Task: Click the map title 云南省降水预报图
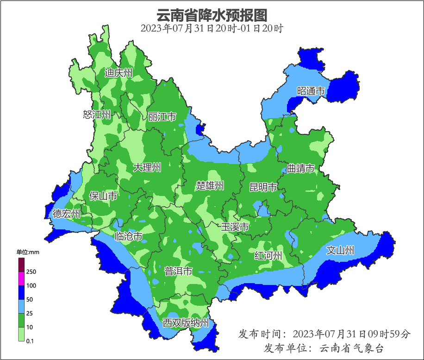(x=212, y=15)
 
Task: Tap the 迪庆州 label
(x=118, y=73)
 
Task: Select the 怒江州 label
(x=97, y=114)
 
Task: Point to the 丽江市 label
(x=162, y=117)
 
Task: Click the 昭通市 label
(x=311, y=91)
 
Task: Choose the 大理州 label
(x=147, y=168)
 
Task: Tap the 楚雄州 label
(x=210, y=186)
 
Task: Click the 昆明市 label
(x=263, y=187)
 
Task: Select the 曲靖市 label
(x=300, y=169)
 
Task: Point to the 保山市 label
(x=103, y=196)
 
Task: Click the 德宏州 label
(x=66, y=214)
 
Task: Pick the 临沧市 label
(x=128, y=237)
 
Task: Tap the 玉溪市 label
(x=235, y=227)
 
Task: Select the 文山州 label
(x=340, y=251)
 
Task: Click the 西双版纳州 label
(x=186, y=323)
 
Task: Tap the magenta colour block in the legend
(x=21, y=279)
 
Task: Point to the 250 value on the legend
(x=31, y=272)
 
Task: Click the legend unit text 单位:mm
(x=28, y=252)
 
